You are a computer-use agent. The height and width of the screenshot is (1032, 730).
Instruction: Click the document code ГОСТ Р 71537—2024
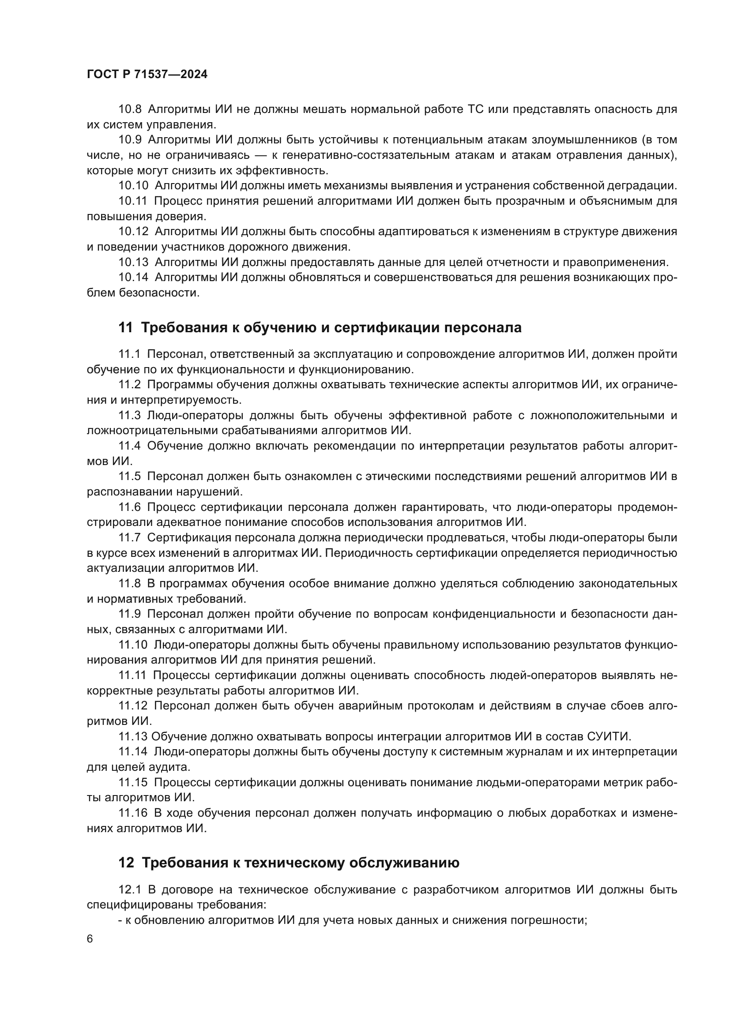[x=147, y=75]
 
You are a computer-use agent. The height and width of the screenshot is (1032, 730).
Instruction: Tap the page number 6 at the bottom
[x=90, y=939]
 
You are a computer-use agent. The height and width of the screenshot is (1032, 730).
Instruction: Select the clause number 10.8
[x=130, y=109]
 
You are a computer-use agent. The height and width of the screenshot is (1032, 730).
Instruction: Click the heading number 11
[x=125, y=328]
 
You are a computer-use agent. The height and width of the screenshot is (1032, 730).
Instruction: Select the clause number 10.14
[x=133, y=278]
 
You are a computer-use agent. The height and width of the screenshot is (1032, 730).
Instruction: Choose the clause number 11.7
[x=129, y=537]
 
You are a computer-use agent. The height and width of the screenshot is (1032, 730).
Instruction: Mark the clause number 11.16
[x=133, y=813]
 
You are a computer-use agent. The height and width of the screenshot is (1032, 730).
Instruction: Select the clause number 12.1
[x=129, y=889]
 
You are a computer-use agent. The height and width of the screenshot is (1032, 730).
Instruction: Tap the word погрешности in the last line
[x=556, y=920]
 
